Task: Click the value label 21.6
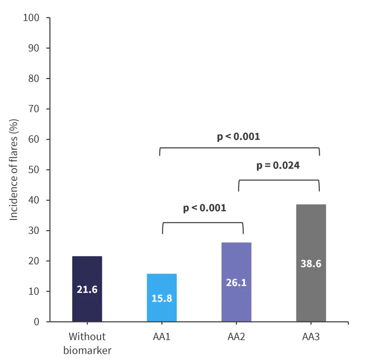(x=87, y=290)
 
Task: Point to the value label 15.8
(x=162, y=298)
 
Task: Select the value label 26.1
(x=236, y=282)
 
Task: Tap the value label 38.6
(x=311, y=264)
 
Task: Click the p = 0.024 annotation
(x=278, y=166)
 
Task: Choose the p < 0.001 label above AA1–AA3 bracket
(x=238, y=137)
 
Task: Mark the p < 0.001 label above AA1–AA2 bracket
(x=204, y=208)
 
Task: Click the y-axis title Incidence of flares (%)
(x=14, y=170)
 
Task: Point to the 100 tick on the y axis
(x=32, y=18)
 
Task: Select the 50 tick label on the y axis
(x=35, y=170)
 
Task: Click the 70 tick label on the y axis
(x=35, y=109)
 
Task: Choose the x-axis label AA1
(x=162, y=336)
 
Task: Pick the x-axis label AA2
(x=236, y=336)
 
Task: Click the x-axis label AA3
(x=311, y=336)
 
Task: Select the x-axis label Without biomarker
(x=87, y=343)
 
